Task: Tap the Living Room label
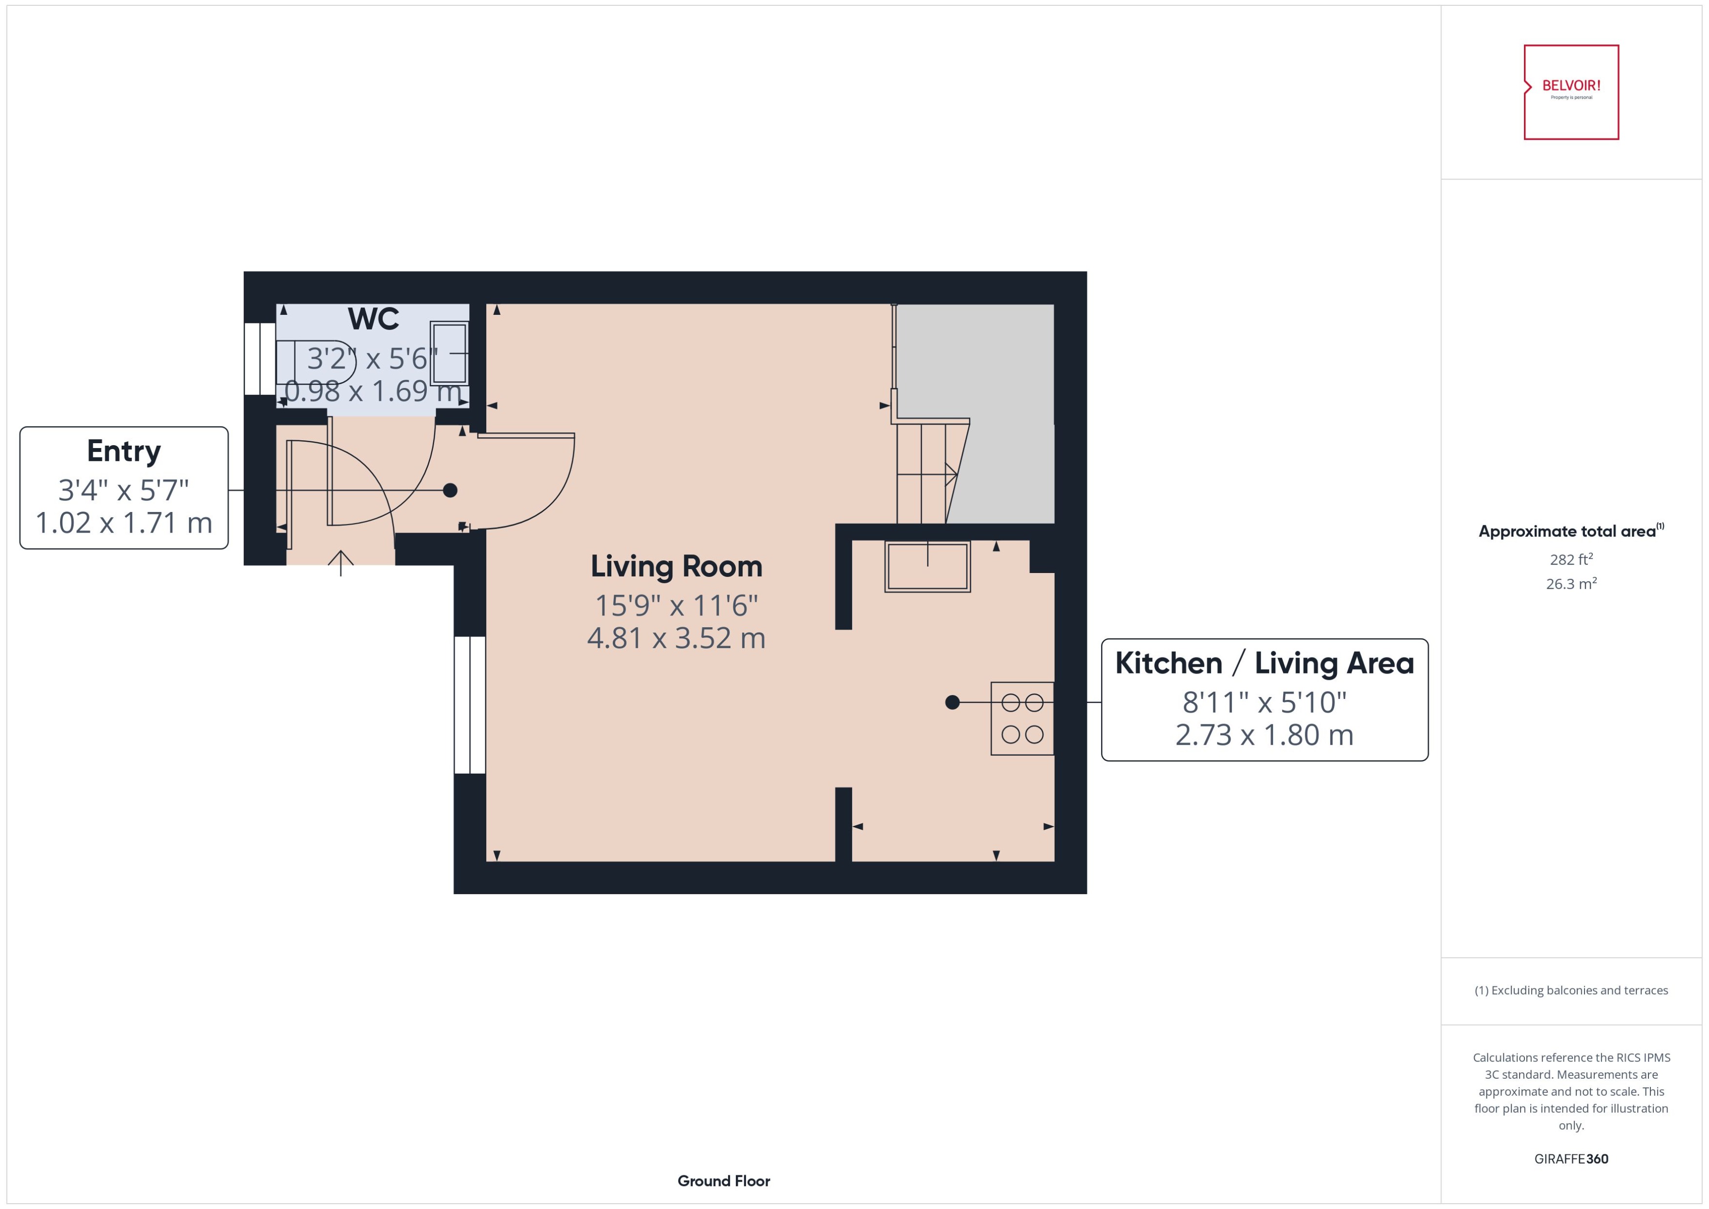(x=676, y=567)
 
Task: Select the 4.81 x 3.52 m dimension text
(x=676, y=638)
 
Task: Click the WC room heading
(x=373, y=319)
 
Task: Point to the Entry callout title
(x=124, y=451)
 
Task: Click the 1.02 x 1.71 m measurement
(x=124, y=523)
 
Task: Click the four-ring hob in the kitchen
(x=1021, y=718)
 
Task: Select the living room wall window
(x=470, y=705)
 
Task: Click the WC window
(x=260, y=358)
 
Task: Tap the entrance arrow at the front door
(x=340, y=562)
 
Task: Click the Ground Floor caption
(x=723, y=1181)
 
